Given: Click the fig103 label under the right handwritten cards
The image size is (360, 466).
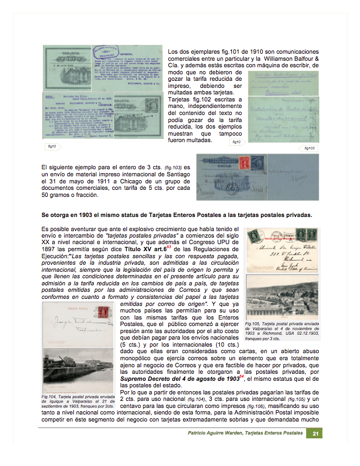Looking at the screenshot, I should click(x=310, y=148).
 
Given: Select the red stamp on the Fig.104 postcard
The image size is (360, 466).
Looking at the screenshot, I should click(x=103, y=311).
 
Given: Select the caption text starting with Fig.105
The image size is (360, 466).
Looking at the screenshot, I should click(x=281, y=331).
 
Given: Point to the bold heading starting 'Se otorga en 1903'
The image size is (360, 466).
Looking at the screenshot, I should click(x=176, y=215).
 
